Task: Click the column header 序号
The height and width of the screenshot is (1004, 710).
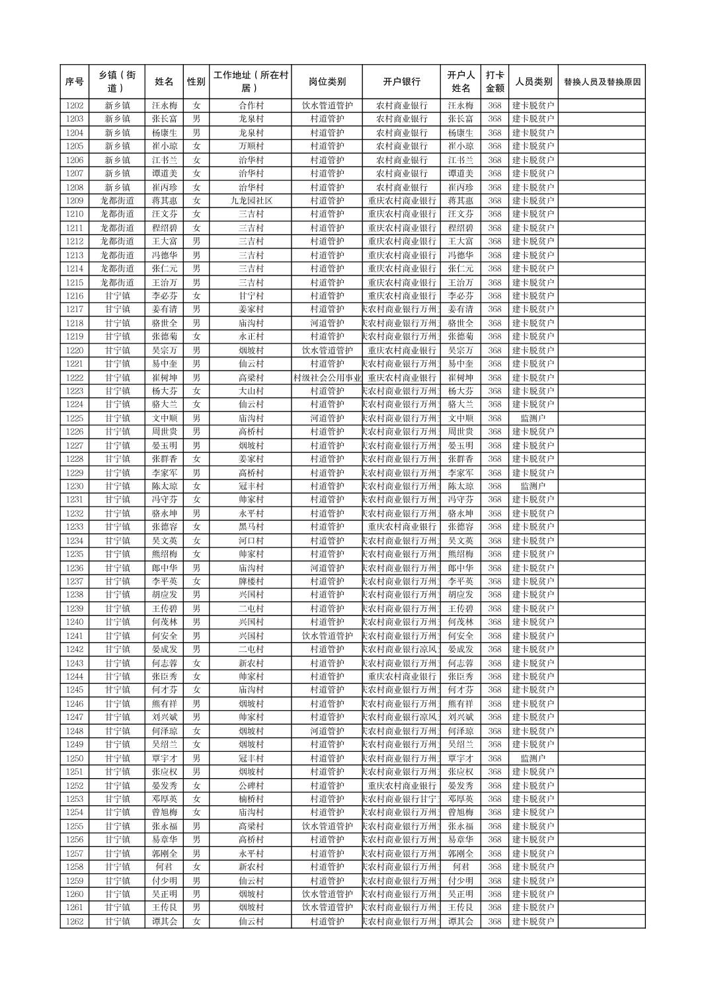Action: pyautogui.click(x=75, y=82)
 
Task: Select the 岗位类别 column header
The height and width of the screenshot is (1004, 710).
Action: pyautogui.click(x=327, y=82)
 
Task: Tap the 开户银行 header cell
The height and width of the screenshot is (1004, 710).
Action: pyautogui.click(x=401, y=82)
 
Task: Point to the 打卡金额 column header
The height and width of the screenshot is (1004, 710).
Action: pyautogui.click(x=494, y=82)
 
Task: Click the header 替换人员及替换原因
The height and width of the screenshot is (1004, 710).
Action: pyautogui.click(x=602, y=82)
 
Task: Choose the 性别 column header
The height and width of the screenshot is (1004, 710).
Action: pyautogui.click(x=196, y=82)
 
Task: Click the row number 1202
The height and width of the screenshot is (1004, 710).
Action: pyautogui.click(x=75, y=106)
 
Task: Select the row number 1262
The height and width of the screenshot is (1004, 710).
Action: pyautogui.click(x=75, y=921)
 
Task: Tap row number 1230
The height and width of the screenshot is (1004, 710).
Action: pyautogui.click(x=75, y=486)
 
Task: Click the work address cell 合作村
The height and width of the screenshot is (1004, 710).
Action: pyautogui.click(x=251, y=106)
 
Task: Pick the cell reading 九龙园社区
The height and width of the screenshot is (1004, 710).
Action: pyautogui.click(x=251, y=201)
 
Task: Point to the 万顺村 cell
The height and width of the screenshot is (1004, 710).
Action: pyautogui.click(x=251, y=146)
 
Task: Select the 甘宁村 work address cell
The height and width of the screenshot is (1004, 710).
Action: pyautogui.click(x=251, y=296)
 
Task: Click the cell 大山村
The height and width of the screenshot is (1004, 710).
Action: pyautogui.click(x=251, y=391)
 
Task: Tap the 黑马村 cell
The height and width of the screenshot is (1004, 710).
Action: pyautogui.click(x=251, y=527)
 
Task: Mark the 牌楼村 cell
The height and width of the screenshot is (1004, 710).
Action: pyautogui.click(x=251, y=581)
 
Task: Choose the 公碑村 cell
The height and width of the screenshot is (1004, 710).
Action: pyautogui.click(x=251, y=785)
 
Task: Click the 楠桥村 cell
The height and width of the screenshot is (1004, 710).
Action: pyautogui.click(x=251, y=799)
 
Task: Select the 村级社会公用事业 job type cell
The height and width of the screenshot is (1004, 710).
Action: pyautogui.click(x=327, y=378)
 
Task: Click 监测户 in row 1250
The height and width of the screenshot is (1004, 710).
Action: pyautogui.click(x=533, y=758)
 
